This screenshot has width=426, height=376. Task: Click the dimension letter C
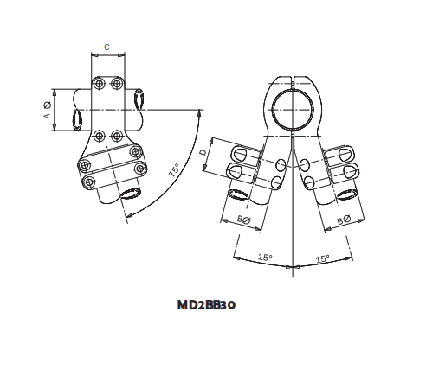pyautogui.click(x=106, y=47)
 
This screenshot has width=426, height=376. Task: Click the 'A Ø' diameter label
pyautogui.click(x=47, y=110)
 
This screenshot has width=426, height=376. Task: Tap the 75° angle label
pyautogui.click(x=173, y=170)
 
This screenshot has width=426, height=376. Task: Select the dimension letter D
pyautogui.click(x=203, y=153)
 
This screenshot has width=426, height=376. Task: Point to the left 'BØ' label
pyautogui.click(x=243, y=221)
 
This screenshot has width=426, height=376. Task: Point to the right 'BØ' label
pyautogui.click(x=343, y=220)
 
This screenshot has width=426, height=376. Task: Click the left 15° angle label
pyautogui.click(x=265, y=257)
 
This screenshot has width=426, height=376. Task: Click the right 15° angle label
pyautogui.click(x=321, y=258)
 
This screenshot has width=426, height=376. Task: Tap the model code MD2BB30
pyautogui.click(x=207, y=304)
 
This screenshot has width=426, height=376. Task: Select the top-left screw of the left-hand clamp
pyautogui.click(x=99, y=83)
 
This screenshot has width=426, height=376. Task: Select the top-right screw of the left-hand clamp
pyautogui.click(x=117, y=83)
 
